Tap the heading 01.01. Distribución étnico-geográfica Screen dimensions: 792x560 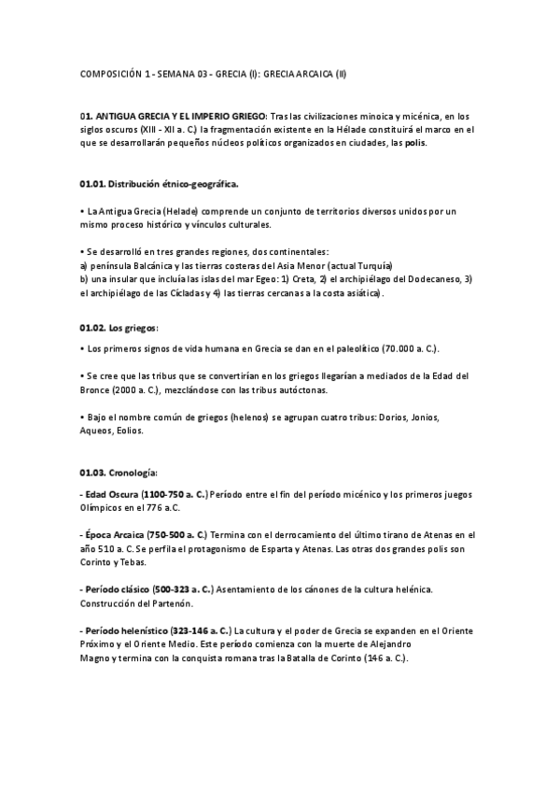tap(159, 183)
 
